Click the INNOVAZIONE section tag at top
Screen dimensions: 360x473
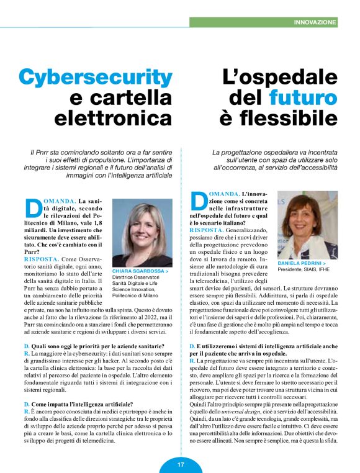pyautogui.click(x=315, y=22)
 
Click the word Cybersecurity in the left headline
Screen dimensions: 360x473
pyautogui.click(x=95, y=77)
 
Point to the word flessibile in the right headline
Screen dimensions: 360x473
pyautogui.click(x=278, y=117)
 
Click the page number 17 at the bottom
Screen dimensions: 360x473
pyautogui.click(x=180, y=464)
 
